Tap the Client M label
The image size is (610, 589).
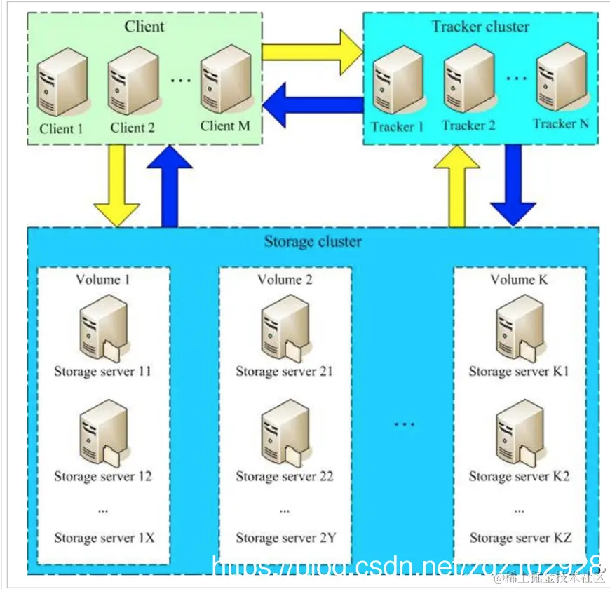pos(224,126)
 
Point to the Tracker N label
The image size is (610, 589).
pos(560,124)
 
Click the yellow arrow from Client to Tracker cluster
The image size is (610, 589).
pos(311,51)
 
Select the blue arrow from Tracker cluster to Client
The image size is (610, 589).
pos(312,103)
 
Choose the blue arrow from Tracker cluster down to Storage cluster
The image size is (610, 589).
pos(514,184)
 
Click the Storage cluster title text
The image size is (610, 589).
pos(313,243)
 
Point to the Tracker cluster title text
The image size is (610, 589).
pos(480,27)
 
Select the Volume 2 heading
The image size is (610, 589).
pos(285,280)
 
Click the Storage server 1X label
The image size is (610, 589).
pos(104,539)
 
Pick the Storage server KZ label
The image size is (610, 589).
pos(520,539)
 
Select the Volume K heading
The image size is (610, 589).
pos(519,280)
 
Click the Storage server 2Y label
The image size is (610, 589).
pos(285,539)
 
